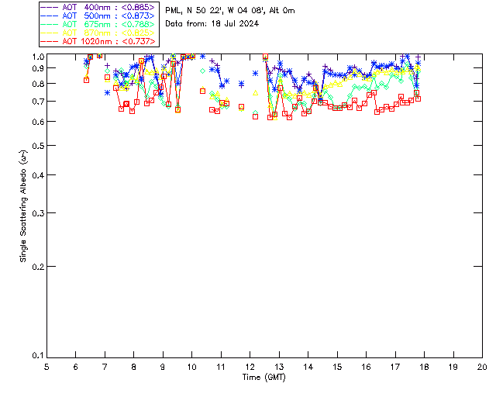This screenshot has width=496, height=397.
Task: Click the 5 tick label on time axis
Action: tap(46, 366)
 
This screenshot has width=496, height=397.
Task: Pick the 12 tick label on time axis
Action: tap(250, 366)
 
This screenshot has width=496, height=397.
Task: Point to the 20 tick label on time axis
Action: tap(482, 366)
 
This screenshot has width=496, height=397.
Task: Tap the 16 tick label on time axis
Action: tap(366, 366)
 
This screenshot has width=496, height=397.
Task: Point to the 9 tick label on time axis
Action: tap(163, 366)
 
